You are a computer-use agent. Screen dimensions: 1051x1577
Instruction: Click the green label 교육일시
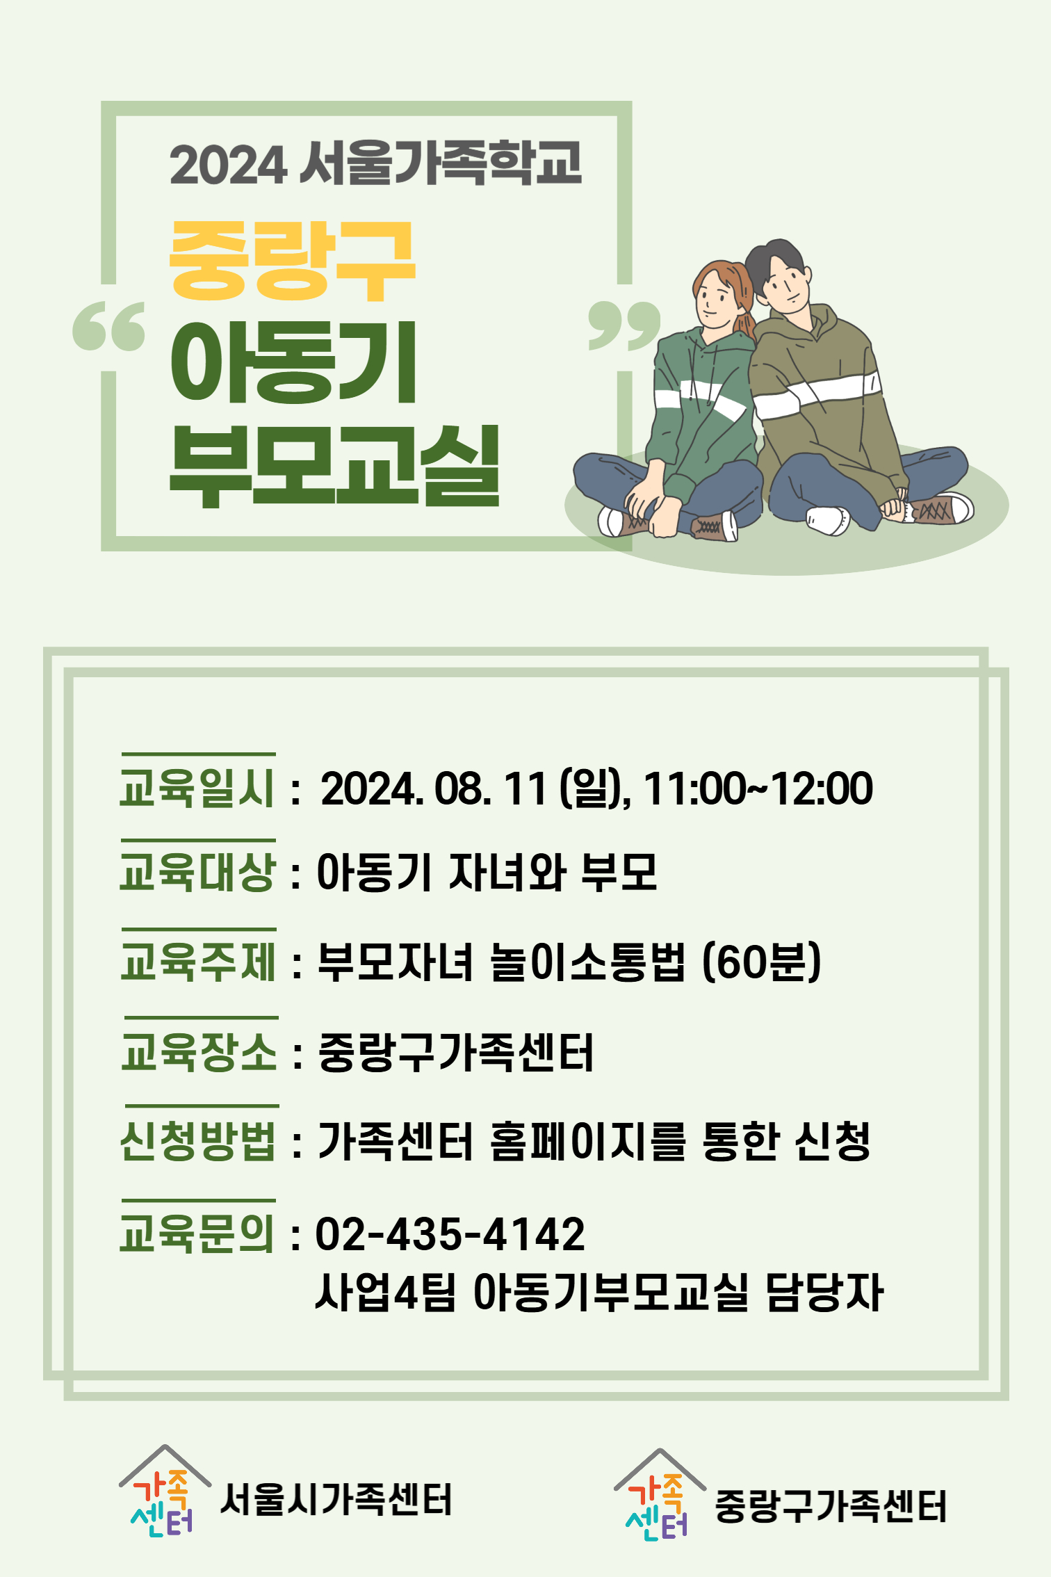[197, 788]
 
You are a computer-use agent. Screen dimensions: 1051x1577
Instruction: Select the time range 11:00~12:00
[758, 788]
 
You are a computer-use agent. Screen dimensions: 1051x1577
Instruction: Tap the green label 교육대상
[197, 872]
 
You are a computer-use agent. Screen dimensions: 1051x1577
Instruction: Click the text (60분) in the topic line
[762, 962]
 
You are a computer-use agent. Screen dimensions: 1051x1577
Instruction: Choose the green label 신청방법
[199, 1140]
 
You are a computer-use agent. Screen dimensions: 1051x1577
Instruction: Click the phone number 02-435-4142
[450, 1234]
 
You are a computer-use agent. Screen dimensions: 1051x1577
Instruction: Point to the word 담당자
[824, 1292]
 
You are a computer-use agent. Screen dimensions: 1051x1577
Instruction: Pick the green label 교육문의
[197, 1234]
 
